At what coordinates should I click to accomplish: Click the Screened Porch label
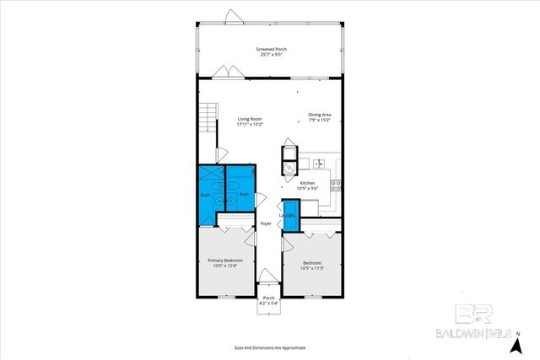(271, 49)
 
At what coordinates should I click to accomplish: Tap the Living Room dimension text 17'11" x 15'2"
(250, 125)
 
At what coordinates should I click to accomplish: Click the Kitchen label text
(308, 183)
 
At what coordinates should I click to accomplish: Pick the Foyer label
(265, 223)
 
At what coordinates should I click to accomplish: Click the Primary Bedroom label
(226, 261)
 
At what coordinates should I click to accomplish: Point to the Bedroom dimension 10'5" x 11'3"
(313, 269)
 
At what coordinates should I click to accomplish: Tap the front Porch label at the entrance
(269, 298)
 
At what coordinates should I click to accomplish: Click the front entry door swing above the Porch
(267, 279)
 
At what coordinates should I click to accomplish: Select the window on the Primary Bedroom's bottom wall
(226, 297)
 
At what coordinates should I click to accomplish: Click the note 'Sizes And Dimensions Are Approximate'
(270, 347)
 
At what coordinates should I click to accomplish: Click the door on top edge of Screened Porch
(233, 16)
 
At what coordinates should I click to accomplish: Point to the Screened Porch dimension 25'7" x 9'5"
(271, 56)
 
